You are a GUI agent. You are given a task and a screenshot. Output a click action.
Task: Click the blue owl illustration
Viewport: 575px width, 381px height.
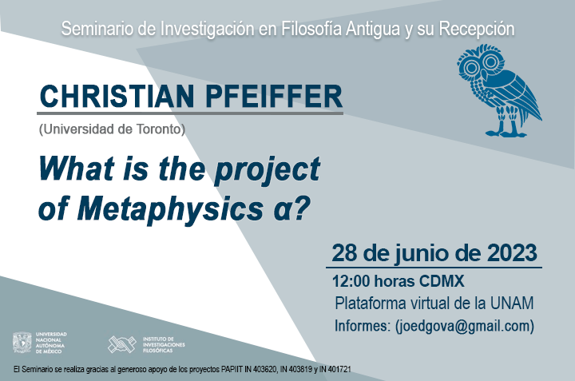(x=498, y=91)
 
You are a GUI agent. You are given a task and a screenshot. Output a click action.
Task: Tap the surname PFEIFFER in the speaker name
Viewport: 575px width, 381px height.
(x=274, y=96)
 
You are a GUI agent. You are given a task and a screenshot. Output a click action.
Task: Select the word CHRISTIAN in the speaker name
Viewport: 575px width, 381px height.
(x=117, y=96)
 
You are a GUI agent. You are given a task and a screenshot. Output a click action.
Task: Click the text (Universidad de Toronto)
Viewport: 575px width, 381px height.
(x=113, y=129)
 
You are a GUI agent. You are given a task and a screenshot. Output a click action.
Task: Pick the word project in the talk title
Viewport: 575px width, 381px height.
(x=267, y=170)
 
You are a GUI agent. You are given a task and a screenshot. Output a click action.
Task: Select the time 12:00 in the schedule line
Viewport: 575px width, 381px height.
(x=351, y=281)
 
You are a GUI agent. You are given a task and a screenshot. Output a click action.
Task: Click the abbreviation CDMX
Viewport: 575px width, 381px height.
(x=442, y=281)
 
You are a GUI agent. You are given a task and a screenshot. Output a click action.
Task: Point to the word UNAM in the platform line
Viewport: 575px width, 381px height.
(x=512, y=304)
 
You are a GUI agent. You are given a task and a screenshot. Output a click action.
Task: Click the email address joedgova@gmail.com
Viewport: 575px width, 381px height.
(x=464, y=326)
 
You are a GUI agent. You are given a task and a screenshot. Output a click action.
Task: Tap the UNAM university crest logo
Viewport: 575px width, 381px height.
(x=22, y=343)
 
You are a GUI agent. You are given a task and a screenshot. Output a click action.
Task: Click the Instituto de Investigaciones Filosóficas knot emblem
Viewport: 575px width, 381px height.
(x=122, y=344)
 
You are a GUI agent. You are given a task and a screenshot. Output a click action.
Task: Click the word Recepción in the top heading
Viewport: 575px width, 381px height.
(x=476, y=30)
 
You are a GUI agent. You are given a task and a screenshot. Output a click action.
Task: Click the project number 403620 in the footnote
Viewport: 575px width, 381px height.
(x=266, y=370)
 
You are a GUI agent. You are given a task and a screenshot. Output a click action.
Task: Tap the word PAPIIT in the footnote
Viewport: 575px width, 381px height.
(x=232, y=370)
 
